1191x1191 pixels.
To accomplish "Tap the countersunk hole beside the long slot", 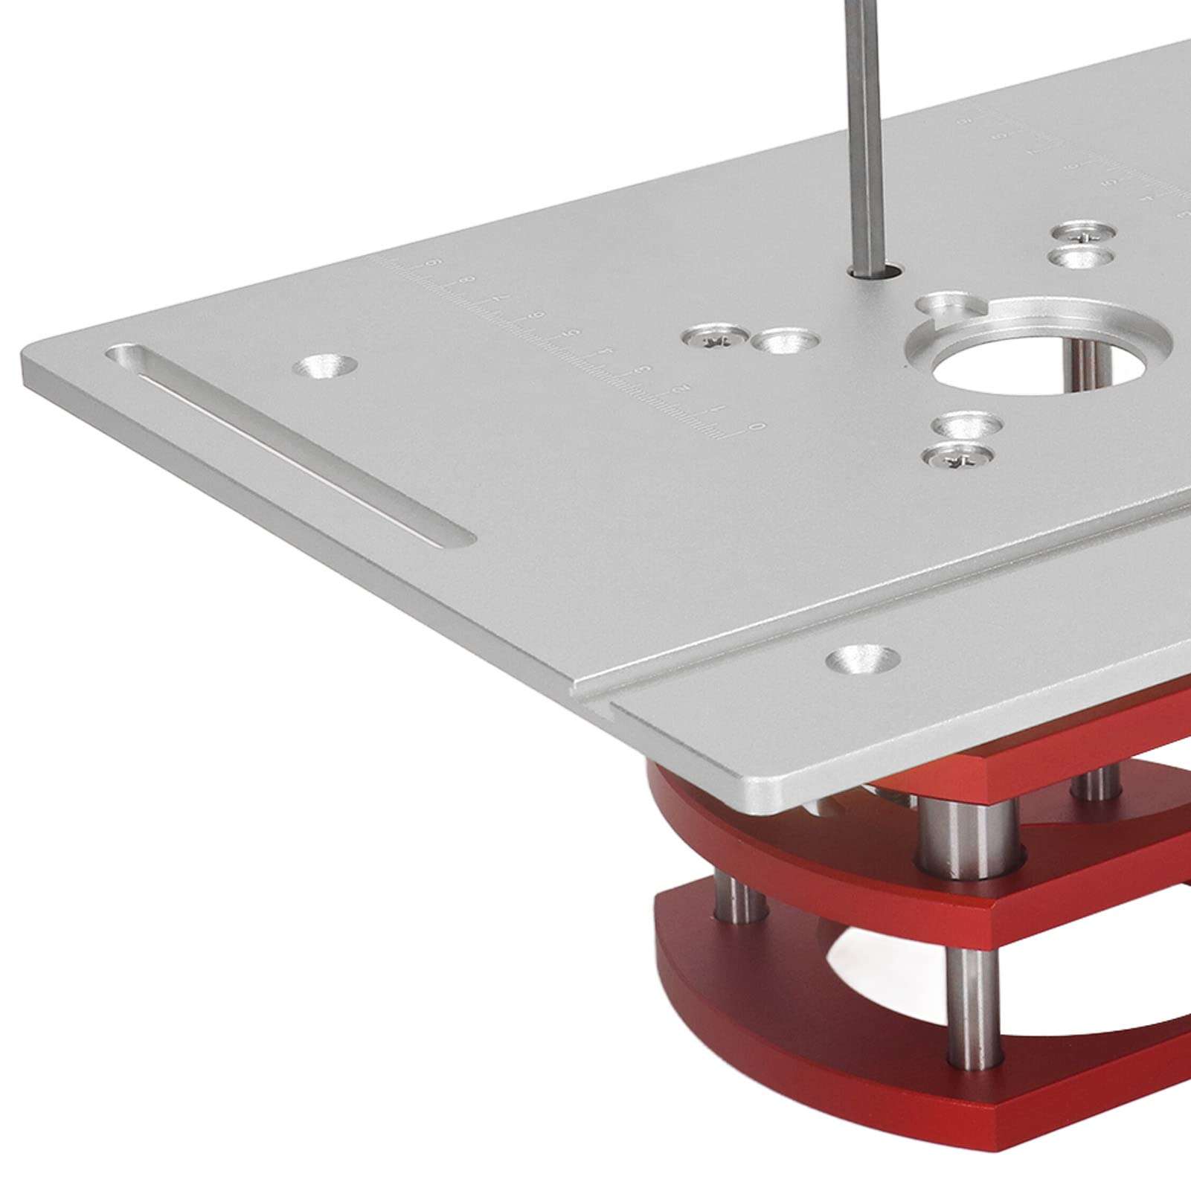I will (x=325, y=365).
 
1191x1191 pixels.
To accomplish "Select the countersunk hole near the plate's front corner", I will (x=863, y=657).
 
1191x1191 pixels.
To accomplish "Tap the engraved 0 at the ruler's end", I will (x=757, y=426).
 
